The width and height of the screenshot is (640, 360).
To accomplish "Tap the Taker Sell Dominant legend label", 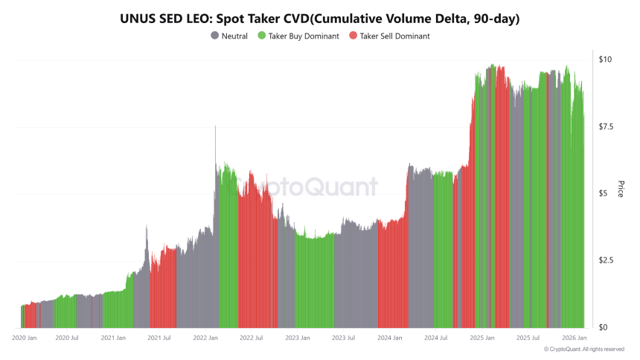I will (394, 36).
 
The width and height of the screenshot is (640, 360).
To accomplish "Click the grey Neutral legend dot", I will (215, 36).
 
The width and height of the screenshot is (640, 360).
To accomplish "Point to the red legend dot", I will (354, 36).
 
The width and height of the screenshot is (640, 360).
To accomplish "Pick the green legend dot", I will (261, 36).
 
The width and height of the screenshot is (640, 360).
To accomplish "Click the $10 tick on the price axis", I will (605, 60).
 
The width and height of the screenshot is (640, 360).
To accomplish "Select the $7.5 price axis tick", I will (607, 126).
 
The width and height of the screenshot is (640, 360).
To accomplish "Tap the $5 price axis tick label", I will (604, 193).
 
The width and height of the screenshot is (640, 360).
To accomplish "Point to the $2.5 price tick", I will (607, 260).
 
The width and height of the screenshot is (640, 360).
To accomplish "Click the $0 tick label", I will (604, 327).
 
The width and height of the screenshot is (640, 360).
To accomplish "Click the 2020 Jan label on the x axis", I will (24, 338).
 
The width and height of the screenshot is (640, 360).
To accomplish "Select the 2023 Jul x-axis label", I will (343, 338).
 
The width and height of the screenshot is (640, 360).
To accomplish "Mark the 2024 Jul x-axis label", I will (435, 338).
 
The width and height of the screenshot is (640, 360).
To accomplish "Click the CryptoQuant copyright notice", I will (583, 349).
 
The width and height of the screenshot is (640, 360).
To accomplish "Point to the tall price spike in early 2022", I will (216, 130).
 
